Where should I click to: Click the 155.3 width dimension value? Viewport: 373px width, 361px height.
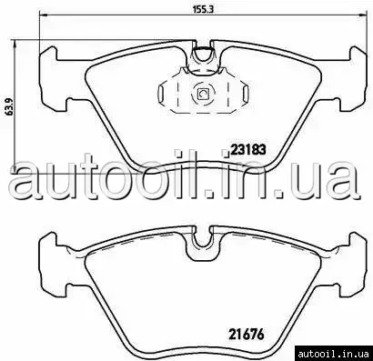204,9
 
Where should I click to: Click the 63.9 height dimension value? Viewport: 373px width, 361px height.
9,106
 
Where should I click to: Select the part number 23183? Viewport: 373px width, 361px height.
248,149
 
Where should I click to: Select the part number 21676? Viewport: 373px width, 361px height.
247,335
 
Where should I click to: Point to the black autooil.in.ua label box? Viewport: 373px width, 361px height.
334,354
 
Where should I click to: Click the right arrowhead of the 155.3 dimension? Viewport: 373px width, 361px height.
362,15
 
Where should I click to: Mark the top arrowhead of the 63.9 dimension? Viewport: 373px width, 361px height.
16,45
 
